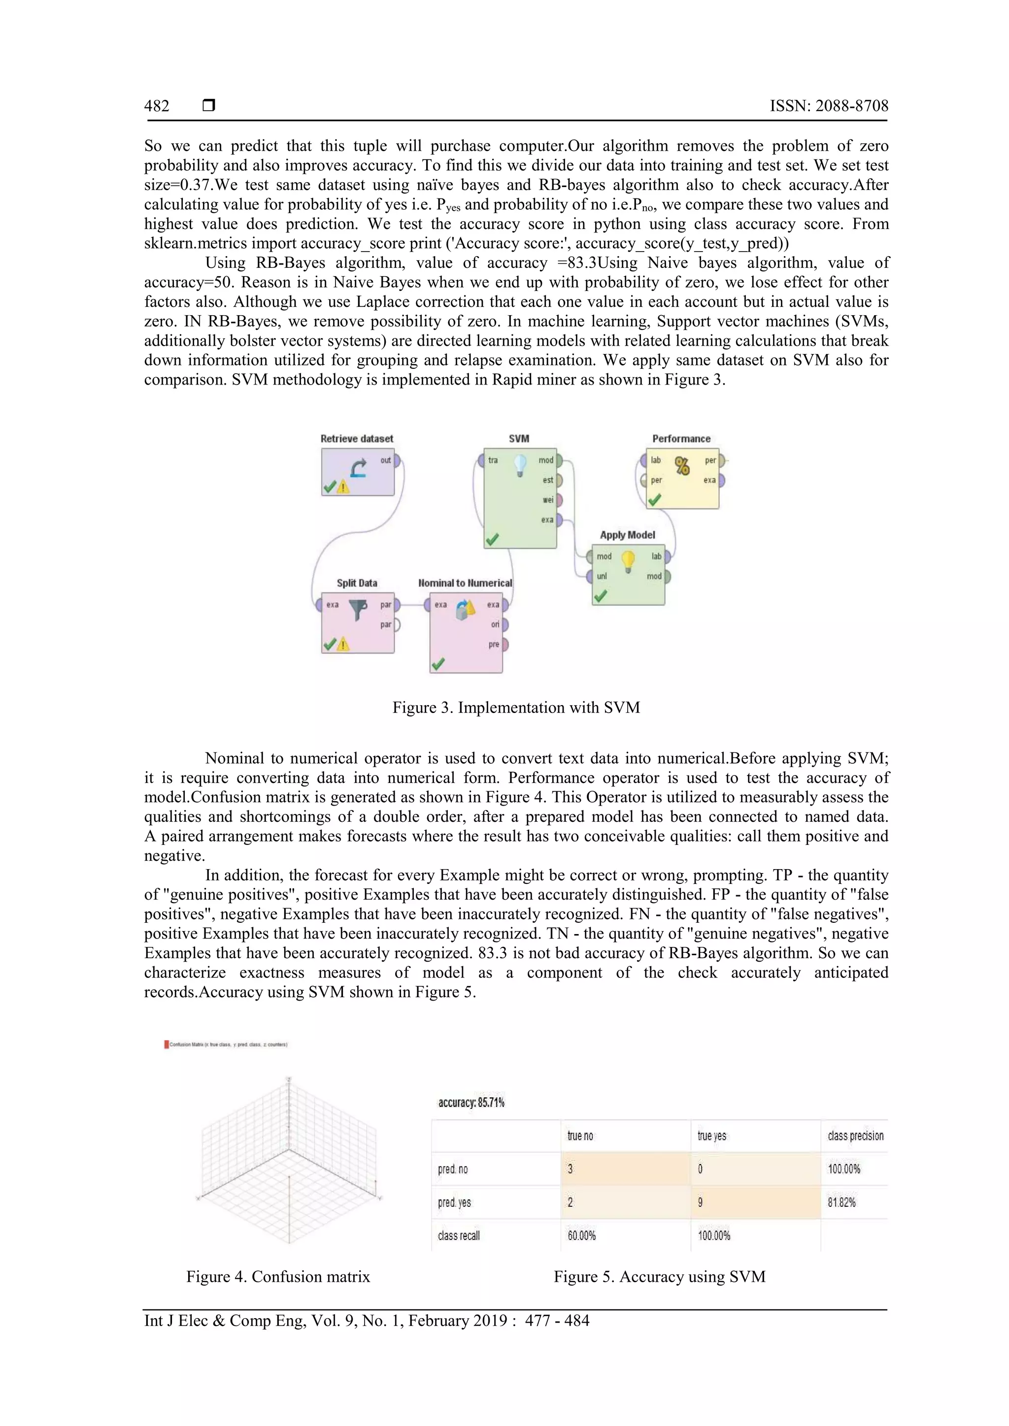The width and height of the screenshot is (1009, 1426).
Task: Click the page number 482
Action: point(157,106)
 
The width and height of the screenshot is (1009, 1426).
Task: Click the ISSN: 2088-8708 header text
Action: point(829,106)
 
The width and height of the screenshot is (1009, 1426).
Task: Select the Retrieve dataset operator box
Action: point(357,472)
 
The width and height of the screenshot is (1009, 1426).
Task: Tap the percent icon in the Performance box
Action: point(682,466)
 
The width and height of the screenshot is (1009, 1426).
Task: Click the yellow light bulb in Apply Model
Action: point(628,561)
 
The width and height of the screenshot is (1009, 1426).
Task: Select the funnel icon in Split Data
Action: point(357,609)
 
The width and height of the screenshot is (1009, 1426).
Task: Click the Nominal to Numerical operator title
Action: point(465,583)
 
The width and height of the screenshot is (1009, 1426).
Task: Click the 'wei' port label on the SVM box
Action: point(547,500)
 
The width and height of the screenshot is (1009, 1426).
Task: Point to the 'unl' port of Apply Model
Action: point(602,577)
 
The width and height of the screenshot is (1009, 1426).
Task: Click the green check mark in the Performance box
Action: point(654,500)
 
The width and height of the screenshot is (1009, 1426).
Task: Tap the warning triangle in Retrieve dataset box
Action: point(343,487)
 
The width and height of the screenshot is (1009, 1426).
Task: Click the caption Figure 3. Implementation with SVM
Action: point(516,708)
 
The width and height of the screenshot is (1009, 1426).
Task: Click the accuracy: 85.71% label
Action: point(471,1102)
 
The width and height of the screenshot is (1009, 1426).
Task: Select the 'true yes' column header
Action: point(711,1136)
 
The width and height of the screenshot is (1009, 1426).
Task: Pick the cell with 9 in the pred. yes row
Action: point(700,1202)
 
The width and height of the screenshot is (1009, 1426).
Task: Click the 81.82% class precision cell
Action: point(841,1202)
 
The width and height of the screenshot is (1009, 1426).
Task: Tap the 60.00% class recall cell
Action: point(581,1236)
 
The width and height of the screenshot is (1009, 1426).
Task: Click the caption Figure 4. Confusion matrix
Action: point(278,1277)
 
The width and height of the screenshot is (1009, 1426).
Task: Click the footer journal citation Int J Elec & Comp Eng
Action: point(367,1321)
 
